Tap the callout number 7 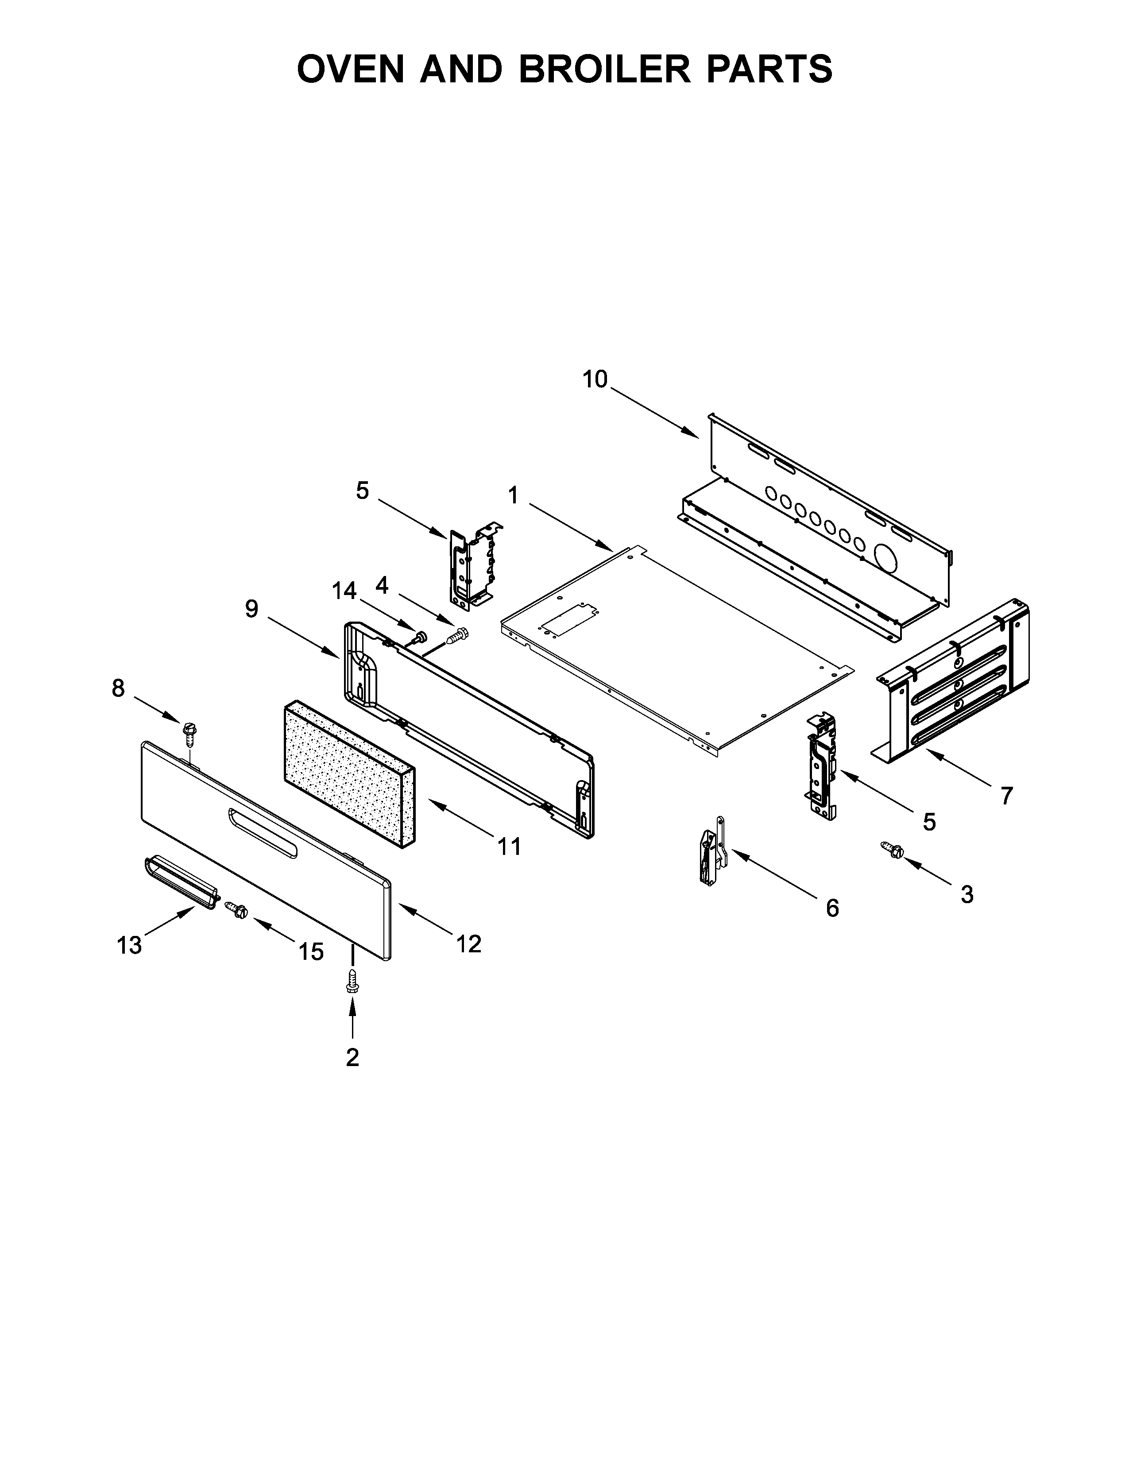click(1007, 796)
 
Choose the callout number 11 click(509, 846)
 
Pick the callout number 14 click(344, 590)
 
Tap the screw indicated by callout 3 click(893, 850)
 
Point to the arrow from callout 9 click(304, 635)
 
